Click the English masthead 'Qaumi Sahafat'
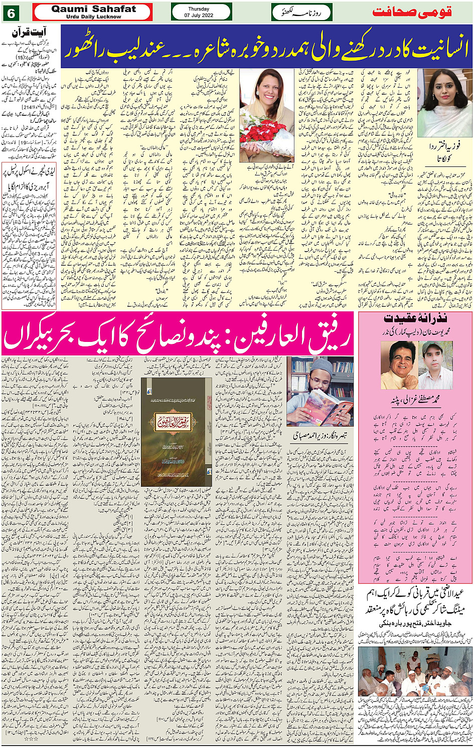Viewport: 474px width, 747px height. point(94,9)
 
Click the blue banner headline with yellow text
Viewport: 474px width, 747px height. point(266,46)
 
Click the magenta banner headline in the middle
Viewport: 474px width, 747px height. point(178,339)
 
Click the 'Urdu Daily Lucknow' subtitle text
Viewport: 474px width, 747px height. point(94,17)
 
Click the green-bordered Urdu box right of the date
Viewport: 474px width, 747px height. point(302,12)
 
